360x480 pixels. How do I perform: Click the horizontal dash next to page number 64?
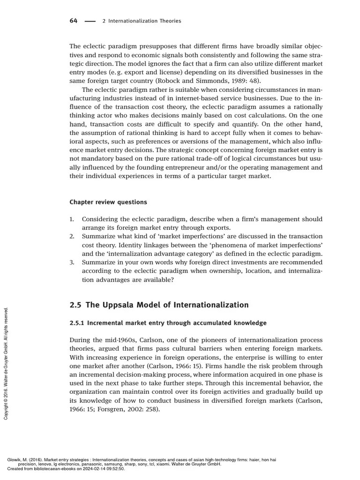(x=90, y=21)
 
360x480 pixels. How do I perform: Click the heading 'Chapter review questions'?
(x=108, y=202)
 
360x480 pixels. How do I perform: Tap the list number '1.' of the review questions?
(x=72, y=219)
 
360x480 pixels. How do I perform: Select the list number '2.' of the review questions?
(x=72, y=236)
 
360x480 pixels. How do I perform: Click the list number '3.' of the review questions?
(x=72, y=262)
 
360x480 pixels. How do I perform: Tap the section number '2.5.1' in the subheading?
(x=77, y=323)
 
